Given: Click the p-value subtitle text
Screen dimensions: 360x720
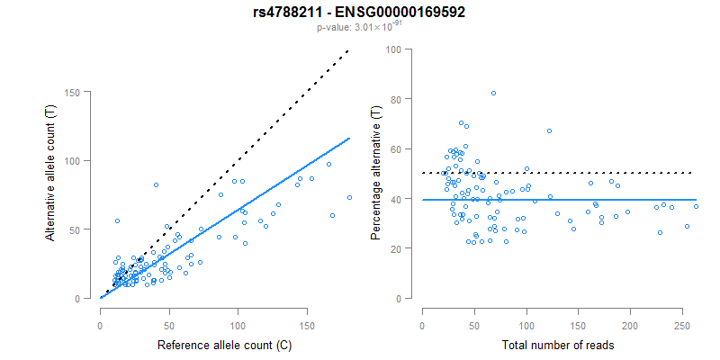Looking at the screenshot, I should [x=359, y=27].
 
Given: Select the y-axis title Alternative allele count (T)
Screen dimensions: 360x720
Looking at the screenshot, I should [x=52, y=194].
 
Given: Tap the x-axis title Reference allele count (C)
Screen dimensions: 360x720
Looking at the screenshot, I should [x=223, y=345].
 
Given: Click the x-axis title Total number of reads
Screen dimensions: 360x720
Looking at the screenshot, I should [x=558, y=345].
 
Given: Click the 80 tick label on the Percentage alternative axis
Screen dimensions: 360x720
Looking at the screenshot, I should [x=393, y=99].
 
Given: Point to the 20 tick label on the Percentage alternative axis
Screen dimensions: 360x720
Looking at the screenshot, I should [x=393, y=248].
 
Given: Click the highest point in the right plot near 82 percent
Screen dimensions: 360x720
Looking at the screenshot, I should [x=493, y=94].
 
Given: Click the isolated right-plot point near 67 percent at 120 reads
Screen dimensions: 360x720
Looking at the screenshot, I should [x=549, y=130].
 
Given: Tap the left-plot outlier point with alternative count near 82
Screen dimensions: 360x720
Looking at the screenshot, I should [x=156, y=184].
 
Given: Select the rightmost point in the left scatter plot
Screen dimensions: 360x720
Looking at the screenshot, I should [x=349, y=197].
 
